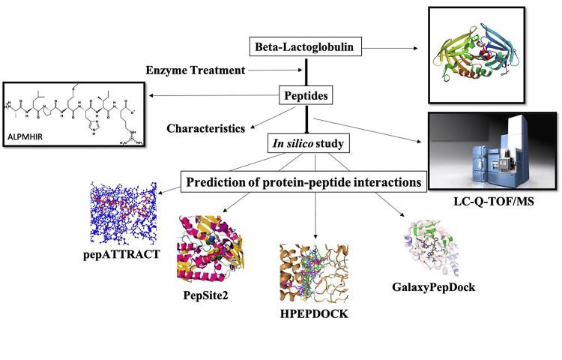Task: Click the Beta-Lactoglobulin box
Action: click(x=306, y=46)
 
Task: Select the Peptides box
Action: click(x=306, y=95)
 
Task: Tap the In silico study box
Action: click(x=308, y=143)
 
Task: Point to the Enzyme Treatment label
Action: click(x=196, y=70)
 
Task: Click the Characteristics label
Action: click(x=206, y=128)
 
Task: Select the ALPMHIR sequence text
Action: click(x=25, y=136)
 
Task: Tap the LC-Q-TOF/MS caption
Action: click(x=494, y=202)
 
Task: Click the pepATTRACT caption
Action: click(x=121, y=254)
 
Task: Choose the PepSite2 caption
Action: click(x=205, y=295)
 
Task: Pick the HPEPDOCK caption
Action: click(x=314, y=313)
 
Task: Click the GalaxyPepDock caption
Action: click(x=434, y=286)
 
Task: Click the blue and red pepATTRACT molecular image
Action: click(x=124, y=213)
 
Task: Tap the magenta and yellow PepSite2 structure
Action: click(x=211, y=248)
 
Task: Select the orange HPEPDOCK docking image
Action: click(x=314, y=273)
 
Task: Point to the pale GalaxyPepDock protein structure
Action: click(x=431, y=248)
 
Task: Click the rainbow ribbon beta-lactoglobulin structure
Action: click(x=477, y=55)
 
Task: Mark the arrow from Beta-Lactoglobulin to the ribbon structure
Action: click(x=390, y=48)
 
